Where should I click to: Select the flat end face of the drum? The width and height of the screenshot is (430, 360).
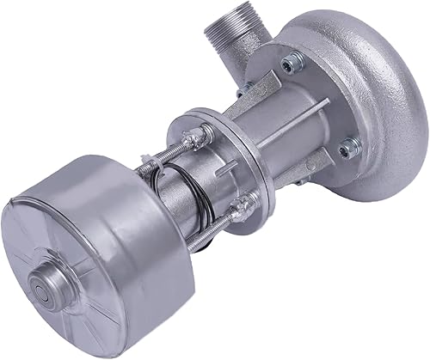pyautogui.click(x=60, y=275)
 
